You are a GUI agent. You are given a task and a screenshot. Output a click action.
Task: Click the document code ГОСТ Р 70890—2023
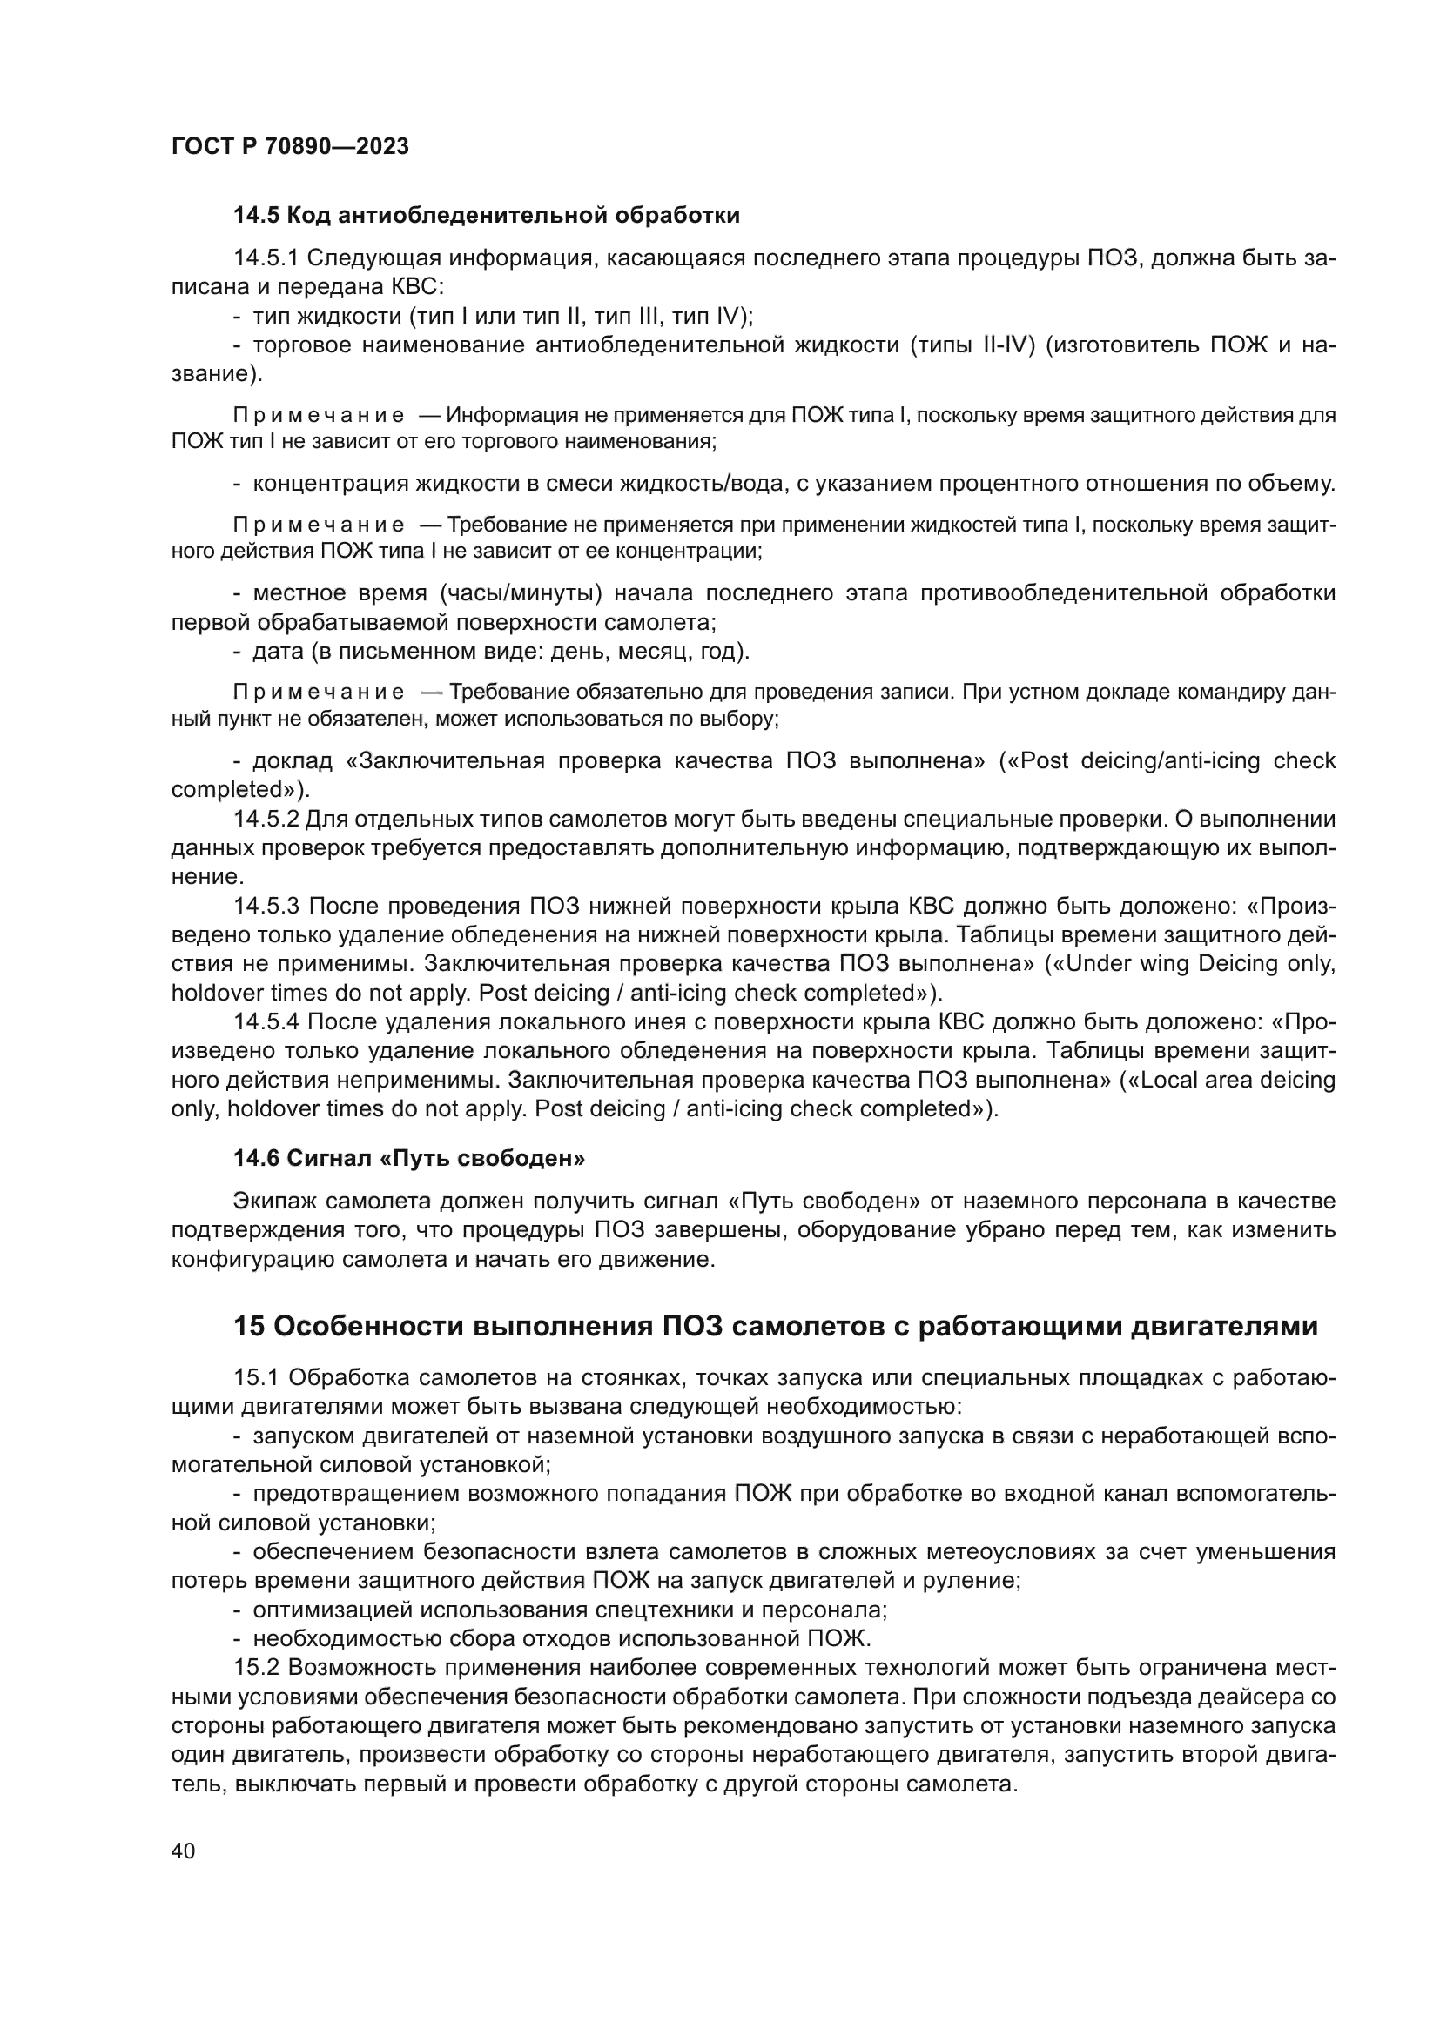(289, 147)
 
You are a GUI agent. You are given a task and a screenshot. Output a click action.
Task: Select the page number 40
(183, 1851)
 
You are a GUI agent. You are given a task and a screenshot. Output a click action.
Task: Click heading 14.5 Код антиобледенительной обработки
(486, 216)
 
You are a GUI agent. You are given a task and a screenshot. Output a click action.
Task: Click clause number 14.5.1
(266, 258)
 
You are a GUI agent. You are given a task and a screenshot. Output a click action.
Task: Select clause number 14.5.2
(266, 819)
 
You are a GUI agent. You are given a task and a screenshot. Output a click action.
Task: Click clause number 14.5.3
(266, 906)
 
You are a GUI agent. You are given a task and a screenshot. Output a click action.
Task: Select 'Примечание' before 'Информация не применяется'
(319, 416)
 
